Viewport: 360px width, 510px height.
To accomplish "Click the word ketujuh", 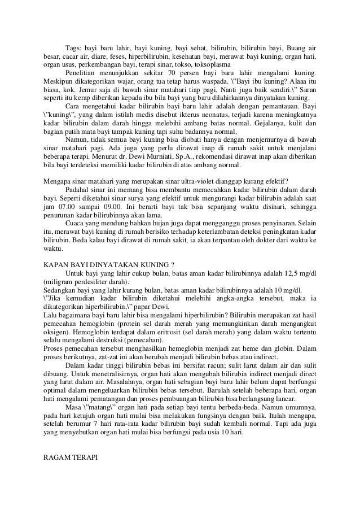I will (81, 416).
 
